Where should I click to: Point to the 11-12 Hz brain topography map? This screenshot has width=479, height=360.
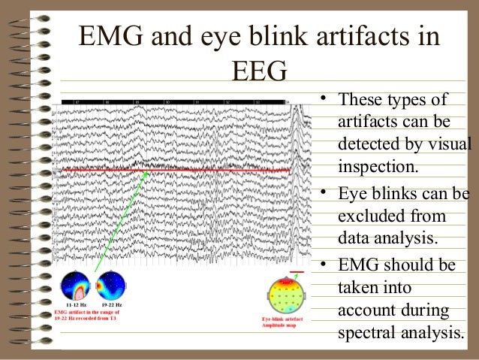(75, 286)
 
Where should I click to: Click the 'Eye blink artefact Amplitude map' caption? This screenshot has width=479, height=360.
(289, 323)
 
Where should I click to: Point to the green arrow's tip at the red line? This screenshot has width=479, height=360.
(147, 172)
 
